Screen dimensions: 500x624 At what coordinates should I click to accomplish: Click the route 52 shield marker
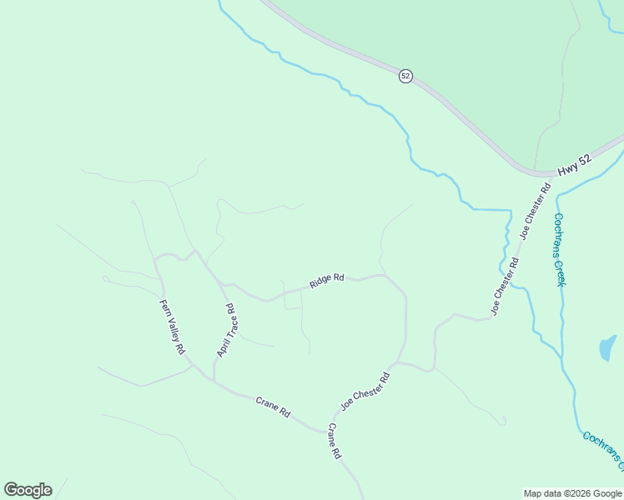[405, 76]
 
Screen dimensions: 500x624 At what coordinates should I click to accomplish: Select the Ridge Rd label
[327, 281]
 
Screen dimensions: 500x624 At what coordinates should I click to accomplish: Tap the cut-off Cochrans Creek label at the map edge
[602, 450]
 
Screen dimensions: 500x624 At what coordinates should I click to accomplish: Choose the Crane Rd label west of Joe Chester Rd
[273, 407]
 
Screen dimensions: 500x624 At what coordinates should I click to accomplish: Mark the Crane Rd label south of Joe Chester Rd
[335, 442]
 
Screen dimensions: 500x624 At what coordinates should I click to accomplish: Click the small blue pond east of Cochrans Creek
[607, 347]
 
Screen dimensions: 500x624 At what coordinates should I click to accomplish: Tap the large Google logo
[28, 490]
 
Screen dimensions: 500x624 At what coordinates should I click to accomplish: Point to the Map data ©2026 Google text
[572, 493]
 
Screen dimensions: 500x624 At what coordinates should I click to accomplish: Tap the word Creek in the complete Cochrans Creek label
[561, 272]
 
